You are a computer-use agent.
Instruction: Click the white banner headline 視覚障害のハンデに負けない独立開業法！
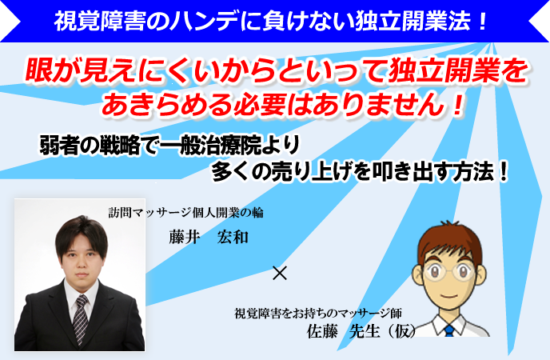[270, 21]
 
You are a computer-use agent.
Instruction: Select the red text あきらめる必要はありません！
[283, 105]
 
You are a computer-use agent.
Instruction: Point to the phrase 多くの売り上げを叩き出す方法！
[361, 171]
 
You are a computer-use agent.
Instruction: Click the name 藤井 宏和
[209, 237]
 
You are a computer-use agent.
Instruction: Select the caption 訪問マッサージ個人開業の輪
[186, 213]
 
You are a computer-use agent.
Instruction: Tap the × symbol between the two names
[280, 273]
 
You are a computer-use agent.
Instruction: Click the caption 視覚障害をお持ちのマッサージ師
[318, 313]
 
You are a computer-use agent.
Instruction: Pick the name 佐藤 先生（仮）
[361, 331]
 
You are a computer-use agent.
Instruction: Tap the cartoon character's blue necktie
[448, 330]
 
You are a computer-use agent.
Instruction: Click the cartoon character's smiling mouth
[448, 295]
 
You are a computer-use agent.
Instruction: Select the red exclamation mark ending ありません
[457, 105]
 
